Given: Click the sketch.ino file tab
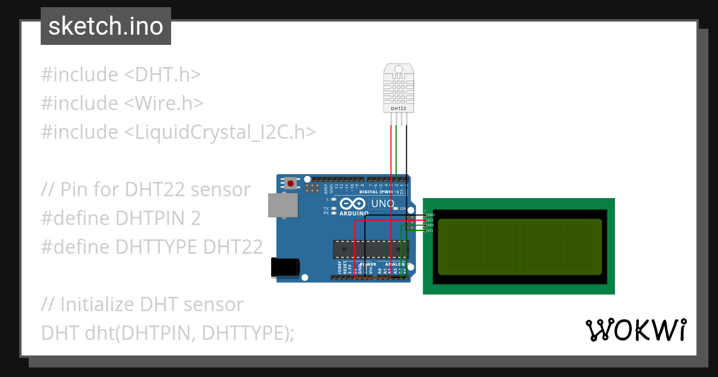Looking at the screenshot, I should [x=106, y=26].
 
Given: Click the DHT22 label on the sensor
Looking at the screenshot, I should [x=398, y=109].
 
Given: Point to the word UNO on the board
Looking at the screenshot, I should [x=383, y=203].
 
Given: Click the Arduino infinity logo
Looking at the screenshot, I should [x=354, y=204].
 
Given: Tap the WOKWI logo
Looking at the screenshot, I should [x=635, y=330].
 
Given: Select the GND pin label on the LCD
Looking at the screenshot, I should [x=431, y=215].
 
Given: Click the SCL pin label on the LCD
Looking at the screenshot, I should [x=430, y=230].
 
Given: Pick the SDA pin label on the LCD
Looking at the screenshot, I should [x=430, y=225].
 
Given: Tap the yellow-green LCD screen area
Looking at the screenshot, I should [x=519, y=247].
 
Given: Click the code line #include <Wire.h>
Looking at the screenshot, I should [x=122, y=103].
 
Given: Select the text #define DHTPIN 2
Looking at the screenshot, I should [x=121, y=218].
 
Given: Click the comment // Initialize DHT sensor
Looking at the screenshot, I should [x=142, y=304].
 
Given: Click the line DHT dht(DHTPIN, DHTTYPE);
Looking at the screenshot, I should [x=168, y=333].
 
